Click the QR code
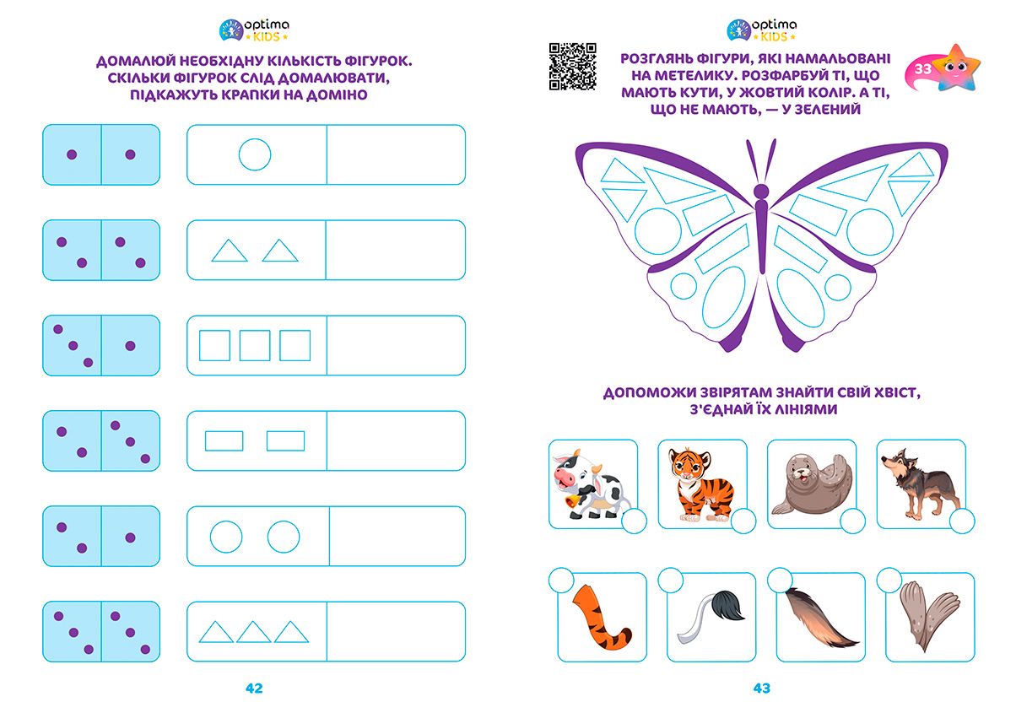(x=572, y=67)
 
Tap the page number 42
(x=254, y=689)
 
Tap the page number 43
(x=761, y=689)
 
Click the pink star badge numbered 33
(x=942, y=68)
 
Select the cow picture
(x=590, y=484)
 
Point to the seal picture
(x=812, y=484)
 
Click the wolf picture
(x=920, y=484)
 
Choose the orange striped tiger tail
(x=600, y=618)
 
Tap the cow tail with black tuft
(x=711, y=617)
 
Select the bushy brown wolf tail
(x=820, y=618)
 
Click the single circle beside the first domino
(x=255, y=138)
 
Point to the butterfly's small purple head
(x=761, y=191)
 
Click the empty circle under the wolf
(x=962, y=521)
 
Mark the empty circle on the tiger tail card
(x=561, y=581)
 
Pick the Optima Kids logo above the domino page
(x=254, y=30)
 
